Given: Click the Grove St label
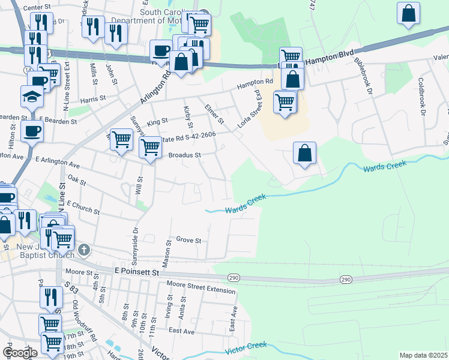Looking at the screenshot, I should [188, 241].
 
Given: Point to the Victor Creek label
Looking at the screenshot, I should [245, 349].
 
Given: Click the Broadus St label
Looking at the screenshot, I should [184, 154].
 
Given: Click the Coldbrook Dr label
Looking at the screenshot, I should [422, 96].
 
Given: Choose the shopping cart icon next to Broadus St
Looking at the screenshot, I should [150, 146].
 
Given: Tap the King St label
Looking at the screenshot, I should [157, 122].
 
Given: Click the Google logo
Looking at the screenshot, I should [20, 353].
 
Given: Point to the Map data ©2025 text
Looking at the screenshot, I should [423, 355].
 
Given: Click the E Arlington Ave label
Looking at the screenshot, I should [58, 162].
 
